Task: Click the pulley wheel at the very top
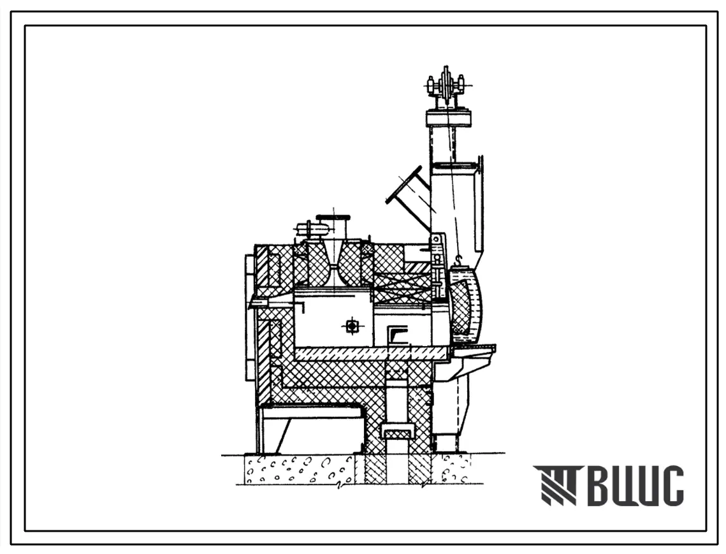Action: click(446, 85)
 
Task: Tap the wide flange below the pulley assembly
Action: click(448, 118)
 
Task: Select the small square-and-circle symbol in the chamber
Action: click(352, 326)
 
